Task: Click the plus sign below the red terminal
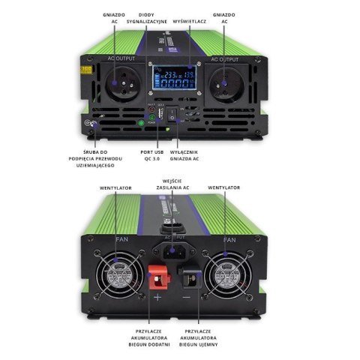click(x=157, y=297)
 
